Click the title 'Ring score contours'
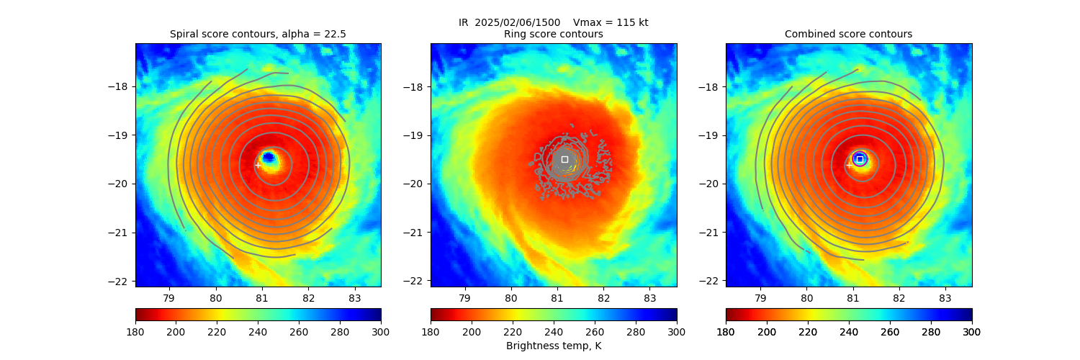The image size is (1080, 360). pos(553,34)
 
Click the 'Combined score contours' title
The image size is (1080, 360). pos(848,34)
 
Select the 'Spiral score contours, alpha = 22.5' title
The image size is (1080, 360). pos(258,34)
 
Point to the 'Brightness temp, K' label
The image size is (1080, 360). pos(553,346)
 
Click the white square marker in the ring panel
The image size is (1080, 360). pos(564,159)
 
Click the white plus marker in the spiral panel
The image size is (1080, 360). pos(258,165)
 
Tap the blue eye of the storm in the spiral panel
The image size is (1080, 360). pos(268,156)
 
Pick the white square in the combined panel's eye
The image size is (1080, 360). pos(860,159)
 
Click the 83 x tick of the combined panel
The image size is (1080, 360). pos(945,297)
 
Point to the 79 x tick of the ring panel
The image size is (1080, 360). pos(464,297)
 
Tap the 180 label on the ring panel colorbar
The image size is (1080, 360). pos(431,331)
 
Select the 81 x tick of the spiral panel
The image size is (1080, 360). pos(262,297)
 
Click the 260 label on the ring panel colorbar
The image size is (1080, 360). pos(595,331)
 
